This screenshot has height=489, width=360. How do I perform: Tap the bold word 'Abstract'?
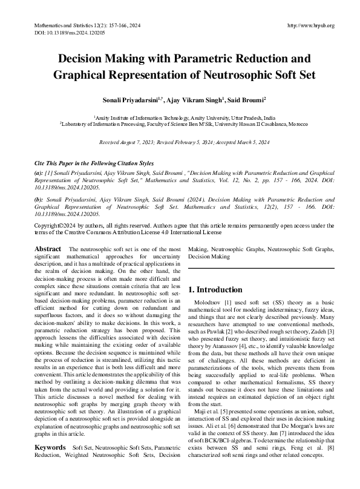click(48, 249)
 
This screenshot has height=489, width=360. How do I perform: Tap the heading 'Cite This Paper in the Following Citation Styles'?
click(94, 164)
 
